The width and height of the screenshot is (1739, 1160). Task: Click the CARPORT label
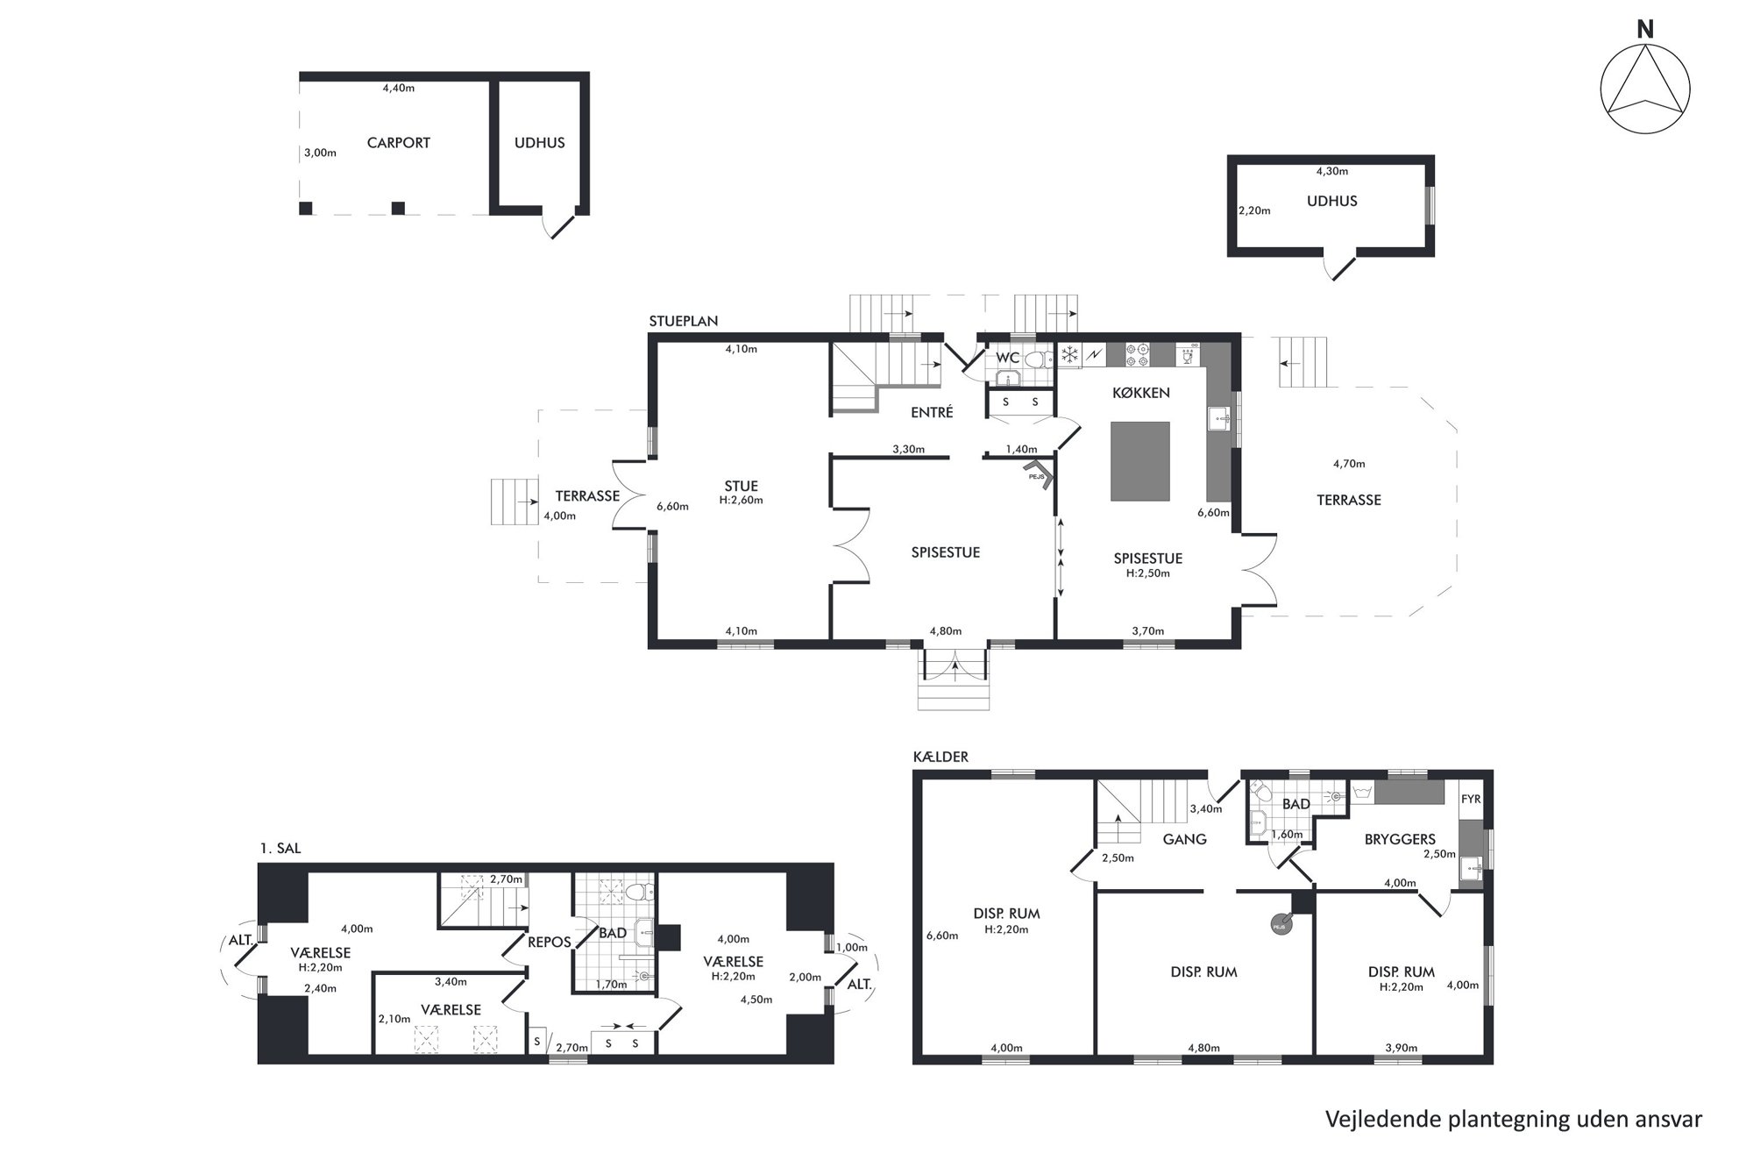[398, 143]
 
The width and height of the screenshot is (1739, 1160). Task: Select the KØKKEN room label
[1140, 393]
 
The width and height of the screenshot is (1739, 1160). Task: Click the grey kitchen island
[1139, 460]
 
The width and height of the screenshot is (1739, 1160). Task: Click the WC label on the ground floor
[1007, 358]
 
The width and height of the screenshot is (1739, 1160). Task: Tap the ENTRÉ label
[932, 412]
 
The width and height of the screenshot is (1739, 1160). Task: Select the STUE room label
[741, 486]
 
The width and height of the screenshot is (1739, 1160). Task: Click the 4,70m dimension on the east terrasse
[1349, 464]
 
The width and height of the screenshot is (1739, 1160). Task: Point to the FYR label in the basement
[1470, 800]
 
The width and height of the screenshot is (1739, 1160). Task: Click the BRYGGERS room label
[1400, 839]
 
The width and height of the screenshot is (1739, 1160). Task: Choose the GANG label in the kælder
[1184, 839]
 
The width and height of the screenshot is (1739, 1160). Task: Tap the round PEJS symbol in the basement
[1280, 923]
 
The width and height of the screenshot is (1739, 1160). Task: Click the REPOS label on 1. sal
[550, 943]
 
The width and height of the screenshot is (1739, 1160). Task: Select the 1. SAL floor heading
[280, 849]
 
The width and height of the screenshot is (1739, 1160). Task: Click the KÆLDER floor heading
[940, 757]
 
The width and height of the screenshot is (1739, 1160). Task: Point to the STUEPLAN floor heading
[684, 321]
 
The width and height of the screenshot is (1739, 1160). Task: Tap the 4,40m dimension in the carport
[399, 88]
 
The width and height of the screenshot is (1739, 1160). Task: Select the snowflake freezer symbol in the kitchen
[1069, 354]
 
